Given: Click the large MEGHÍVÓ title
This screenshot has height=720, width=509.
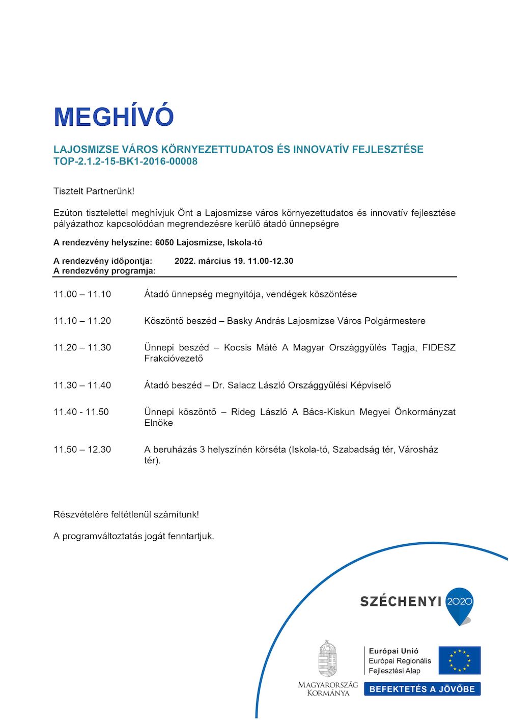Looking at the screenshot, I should (x=114, y=117).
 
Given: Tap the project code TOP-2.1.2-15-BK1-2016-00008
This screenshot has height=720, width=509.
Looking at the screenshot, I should (x=125, y=161).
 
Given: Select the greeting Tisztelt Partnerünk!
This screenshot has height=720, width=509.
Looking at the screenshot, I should (x=94, y=191).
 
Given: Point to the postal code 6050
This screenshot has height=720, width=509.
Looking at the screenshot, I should (x=164, y=242).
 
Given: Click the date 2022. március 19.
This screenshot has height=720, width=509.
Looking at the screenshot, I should (x=210, y=261).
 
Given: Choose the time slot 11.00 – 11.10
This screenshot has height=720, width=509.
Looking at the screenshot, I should (x=82, y=294).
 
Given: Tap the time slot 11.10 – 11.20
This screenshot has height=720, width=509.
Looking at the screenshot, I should (x=82, y=321).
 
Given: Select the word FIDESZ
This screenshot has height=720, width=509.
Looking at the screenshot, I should (x=439, y=347).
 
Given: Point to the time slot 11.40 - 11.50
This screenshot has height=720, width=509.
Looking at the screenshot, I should (x=81, y=412).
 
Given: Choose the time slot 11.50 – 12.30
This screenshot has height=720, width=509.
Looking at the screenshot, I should (x=82, y=450).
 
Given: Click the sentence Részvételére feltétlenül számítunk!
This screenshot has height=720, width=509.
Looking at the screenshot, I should (x=126, y=514).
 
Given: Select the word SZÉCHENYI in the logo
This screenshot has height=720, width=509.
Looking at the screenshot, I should (x=401, y=601).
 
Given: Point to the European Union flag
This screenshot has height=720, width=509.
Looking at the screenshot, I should (x=460, y=660).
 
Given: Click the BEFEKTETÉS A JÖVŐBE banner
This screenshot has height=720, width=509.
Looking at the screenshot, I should (x=422, y=689).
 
